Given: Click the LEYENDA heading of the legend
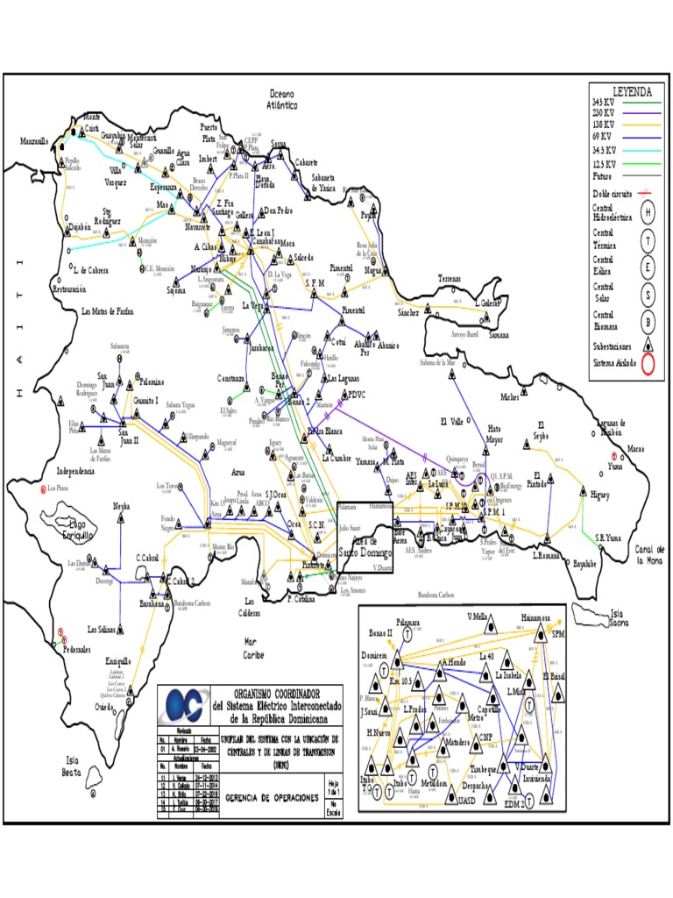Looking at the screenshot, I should point(632,90).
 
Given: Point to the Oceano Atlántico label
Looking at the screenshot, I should point(282,99).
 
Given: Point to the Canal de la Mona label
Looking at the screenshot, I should point(650,554).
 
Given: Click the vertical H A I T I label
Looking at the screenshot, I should point(17,333).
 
